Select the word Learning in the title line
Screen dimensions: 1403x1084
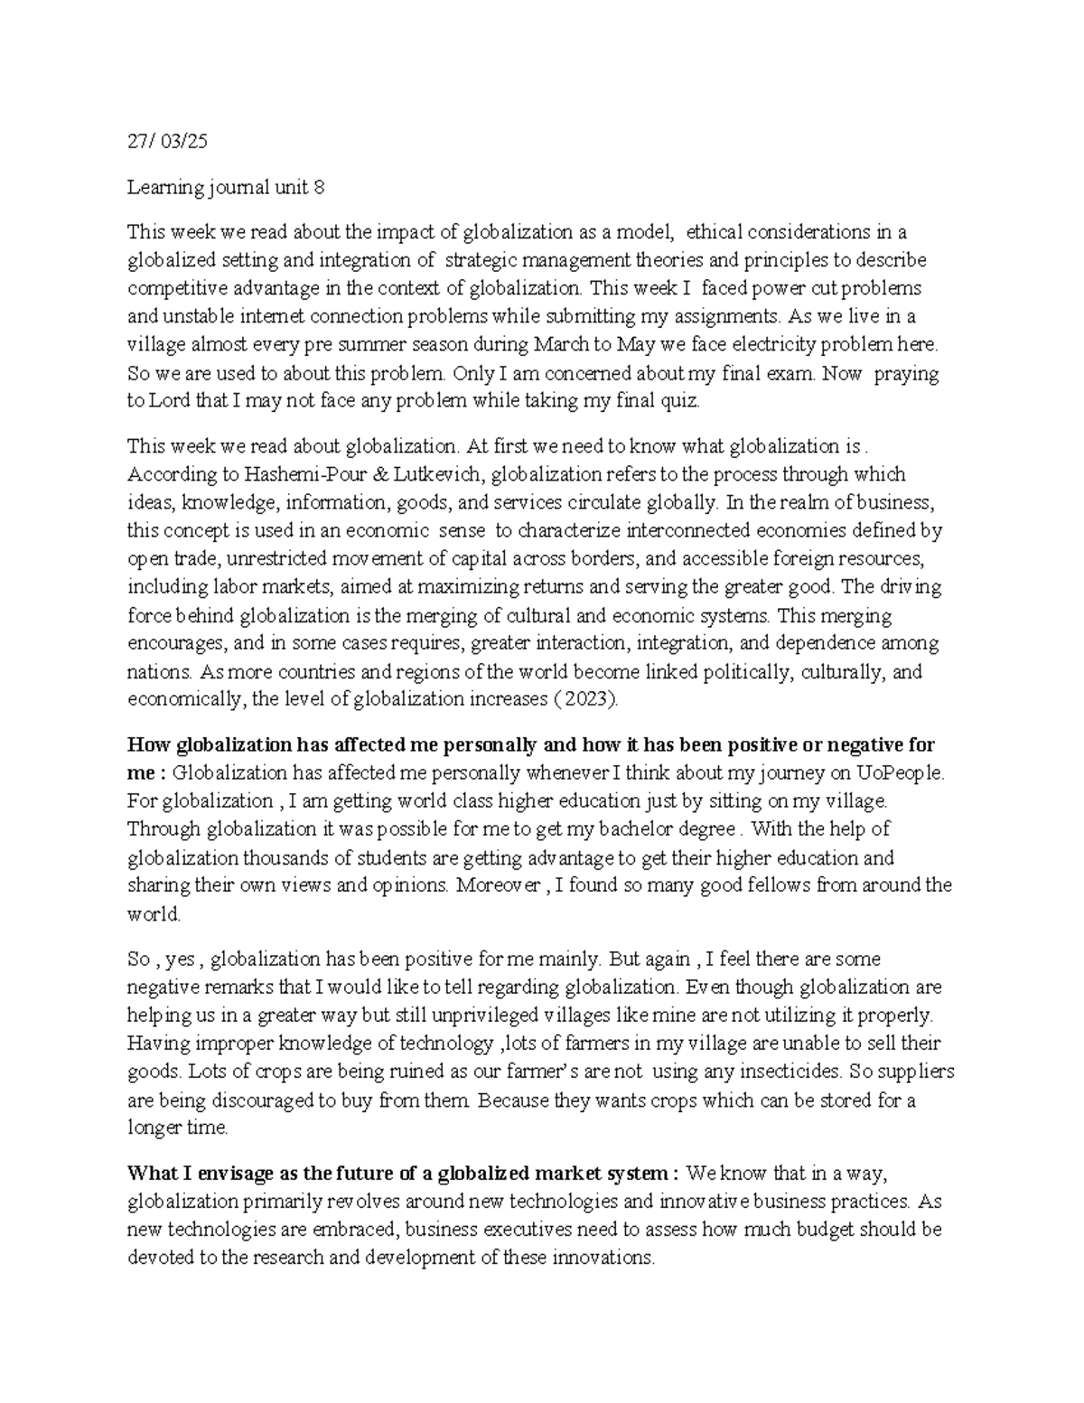coord(159,188)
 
